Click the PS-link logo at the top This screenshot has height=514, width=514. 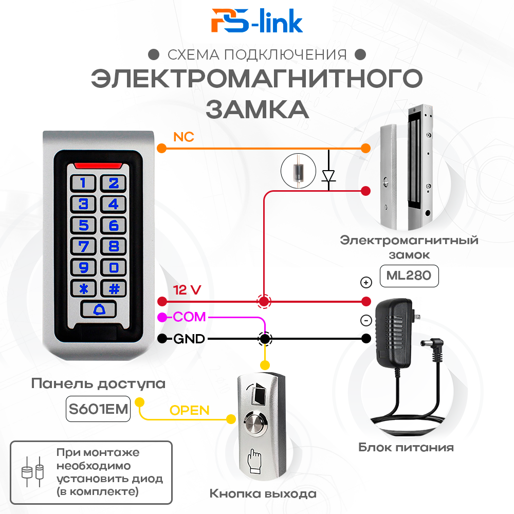coord(257,21)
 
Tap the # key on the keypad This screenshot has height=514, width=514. coord(114,289)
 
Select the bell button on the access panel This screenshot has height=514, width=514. coord(99,309)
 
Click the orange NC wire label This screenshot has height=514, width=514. coord(183,137)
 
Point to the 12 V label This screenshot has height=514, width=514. coord(187,290)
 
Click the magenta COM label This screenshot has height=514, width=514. coord(189,317)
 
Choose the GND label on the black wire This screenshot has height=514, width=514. coord(189,339)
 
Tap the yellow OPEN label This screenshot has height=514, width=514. coord(190,410)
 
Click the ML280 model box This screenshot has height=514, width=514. coord(409,276)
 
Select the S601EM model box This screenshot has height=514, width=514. coord(98,409)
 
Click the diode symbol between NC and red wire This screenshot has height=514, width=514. coord(328,176)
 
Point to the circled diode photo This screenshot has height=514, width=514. coord(298,171)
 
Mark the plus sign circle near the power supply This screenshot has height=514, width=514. coord(366,282)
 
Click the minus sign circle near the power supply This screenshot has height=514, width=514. coord(366,320)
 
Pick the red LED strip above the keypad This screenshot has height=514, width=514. coord(98,166)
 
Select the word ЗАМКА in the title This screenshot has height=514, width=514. coord(258,109)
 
